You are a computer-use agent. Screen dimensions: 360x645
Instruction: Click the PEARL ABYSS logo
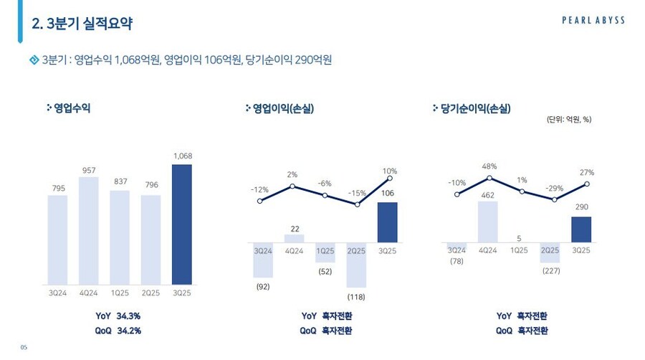pos(593,21)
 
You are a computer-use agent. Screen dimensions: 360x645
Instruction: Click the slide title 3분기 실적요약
pos(82,24)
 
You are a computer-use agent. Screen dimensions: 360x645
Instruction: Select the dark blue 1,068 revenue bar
pos(182,224)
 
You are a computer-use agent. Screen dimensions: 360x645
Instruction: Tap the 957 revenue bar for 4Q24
pos(89,230)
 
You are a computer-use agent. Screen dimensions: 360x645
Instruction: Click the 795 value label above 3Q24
pos(57,189)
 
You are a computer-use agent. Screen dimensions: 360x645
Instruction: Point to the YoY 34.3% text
pos(118,316)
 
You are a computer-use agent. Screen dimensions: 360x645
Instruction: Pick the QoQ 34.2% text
pos(118,331)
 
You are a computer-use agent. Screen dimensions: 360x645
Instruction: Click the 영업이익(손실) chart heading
pos(283,108)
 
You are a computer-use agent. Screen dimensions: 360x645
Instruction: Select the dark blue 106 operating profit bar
pos(387,222)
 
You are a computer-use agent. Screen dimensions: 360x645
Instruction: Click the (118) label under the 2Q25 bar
pos(356,296)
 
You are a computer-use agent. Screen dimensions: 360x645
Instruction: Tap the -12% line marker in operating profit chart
pos(259,201)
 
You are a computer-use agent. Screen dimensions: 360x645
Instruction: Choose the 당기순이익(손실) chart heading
pos(471,108)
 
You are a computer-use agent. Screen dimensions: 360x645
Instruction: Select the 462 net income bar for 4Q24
pos(487,222)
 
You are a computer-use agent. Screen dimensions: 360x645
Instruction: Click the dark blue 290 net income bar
pos(581,229)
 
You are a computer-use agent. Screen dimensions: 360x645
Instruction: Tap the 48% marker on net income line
pos(489,177)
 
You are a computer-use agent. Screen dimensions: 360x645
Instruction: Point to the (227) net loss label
pos(550,270)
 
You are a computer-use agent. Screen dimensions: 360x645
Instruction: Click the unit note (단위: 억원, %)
pos(568,120)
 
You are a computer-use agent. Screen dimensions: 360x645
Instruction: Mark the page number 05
pos(23,348)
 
